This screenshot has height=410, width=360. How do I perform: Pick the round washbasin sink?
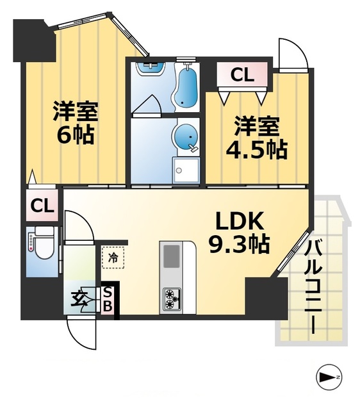[184, 137]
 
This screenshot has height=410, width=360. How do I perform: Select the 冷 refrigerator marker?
[113, 259]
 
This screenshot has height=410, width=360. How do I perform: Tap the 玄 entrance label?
[79, 299]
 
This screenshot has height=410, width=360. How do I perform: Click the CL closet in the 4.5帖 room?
[242, 75]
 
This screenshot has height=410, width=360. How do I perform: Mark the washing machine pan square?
[188, 170]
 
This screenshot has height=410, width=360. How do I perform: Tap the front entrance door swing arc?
[82, 334]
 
